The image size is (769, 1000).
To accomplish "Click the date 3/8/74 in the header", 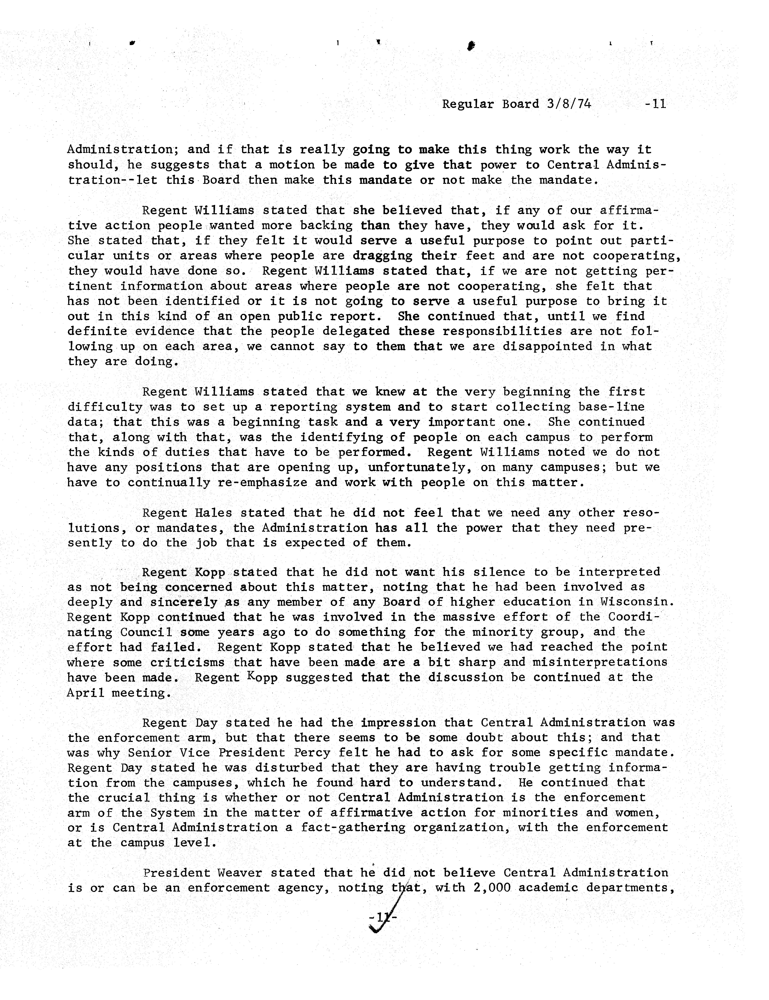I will tap(568, 104).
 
